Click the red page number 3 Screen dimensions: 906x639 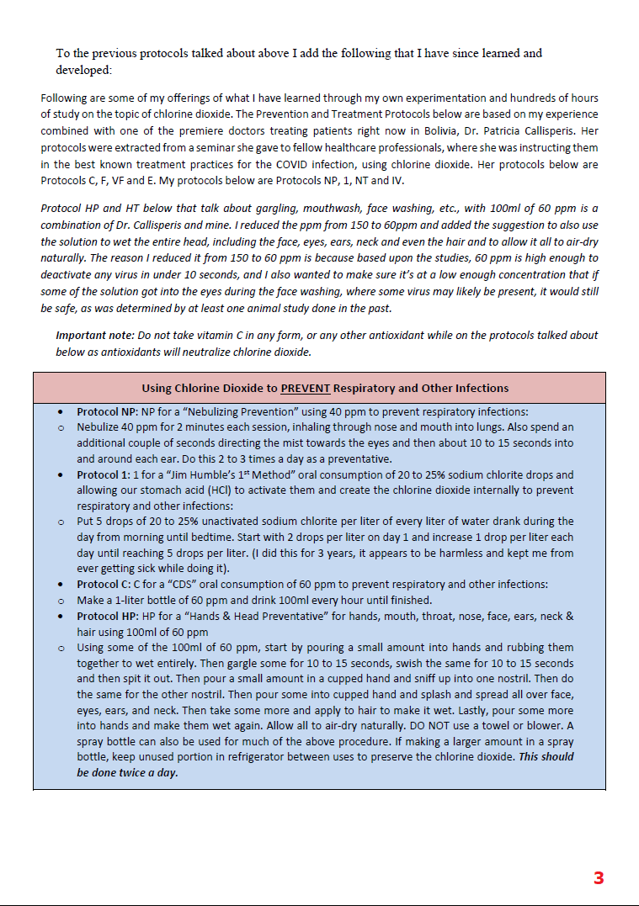tap(599, 878)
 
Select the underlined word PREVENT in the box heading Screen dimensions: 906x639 tap(306, 388)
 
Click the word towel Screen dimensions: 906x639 tap(519, 725)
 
